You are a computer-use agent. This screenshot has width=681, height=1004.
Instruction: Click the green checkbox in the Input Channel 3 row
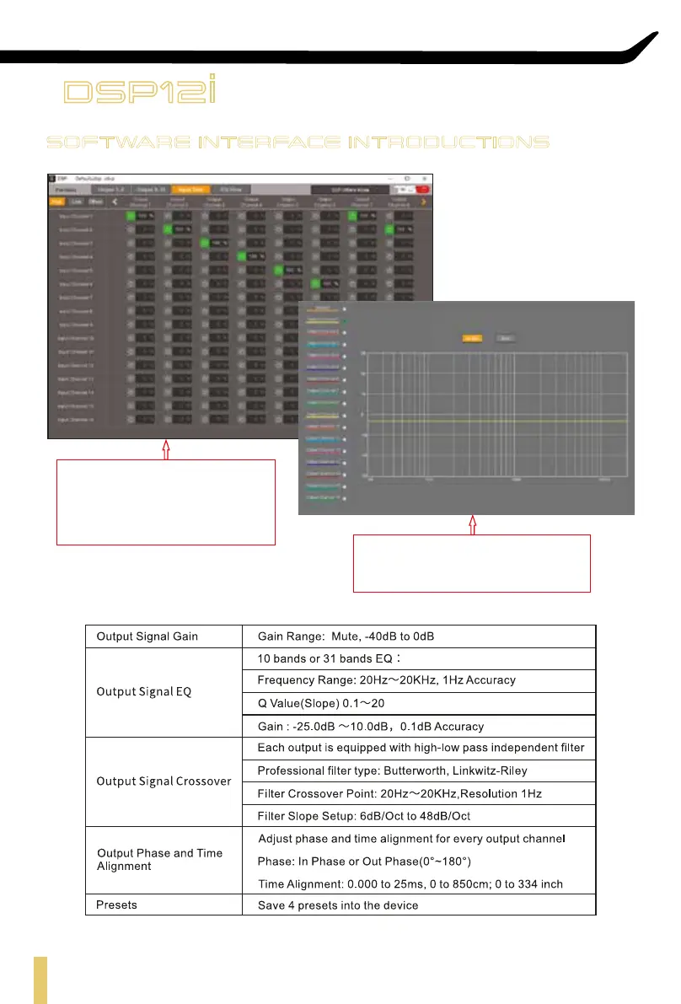(205, 243)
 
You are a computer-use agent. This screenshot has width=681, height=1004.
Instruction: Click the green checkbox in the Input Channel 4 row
(242, 256)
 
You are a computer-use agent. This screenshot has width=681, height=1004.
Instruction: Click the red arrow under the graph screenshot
(472, 523)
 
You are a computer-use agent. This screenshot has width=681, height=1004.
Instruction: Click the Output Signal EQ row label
(144, 691)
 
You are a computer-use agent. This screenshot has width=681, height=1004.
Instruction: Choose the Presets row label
(116, 905)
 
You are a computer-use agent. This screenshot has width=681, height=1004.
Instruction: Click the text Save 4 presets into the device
(337, 905)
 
